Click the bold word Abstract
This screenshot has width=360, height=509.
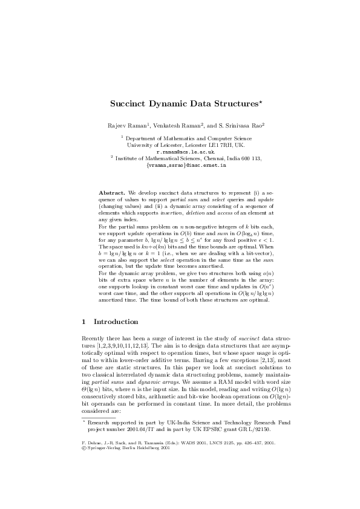pos(112,192)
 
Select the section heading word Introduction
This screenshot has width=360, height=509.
pos(116,322)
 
